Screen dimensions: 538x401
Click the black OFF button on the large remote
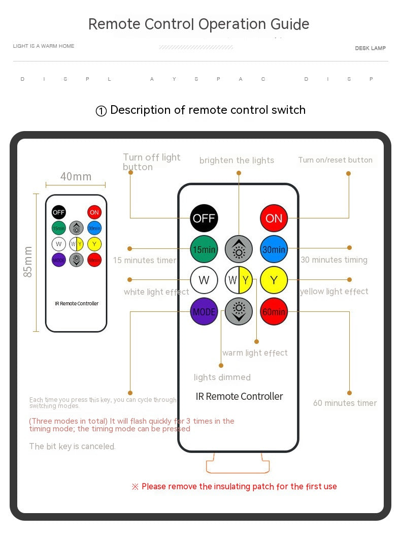[x=204, y=218]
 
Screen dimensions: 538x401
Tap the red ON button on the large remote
[x=274, y=218]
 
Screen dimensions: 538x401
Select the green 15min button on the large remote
[x=204, y=249]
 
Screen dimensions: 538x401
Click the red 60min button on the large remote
[x=274, y=311]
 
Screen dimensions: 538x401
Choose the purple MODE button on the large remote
[x=204, y=311]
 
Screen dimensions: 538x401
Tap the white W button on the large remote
[x=204, y=280]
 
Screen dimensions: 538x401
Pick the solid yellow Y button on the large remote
[x=274, y=280]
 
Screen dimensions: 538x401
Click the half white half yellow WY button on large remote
[x=239, y=280]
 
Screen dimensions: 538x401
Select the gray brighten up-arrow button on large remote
[x=239, y=249]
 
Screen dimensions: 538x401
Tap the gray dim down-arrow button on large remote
[x=239, y=311]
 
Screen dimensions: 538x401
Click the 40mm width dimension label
[x=76, y=177]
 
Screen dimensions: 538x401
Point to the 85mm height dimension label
[x=28, y=262]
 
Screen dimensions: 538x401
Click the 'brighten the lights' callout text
[x=237, y=161]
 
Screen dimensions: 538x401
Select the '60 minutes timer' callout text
[x=345, y=403]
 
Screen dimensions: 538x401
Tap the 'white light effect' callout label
[x=156, y=292]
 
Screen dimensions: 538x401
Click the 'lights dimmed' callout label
[x=222, y=377]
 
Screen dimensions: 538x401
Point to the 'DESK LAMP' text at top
[x=370, y=48]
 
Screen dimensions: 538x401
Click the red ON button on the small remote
[x=94, y=212]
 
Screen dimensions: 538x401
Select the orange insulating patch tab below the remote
[x=238, y=464]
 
